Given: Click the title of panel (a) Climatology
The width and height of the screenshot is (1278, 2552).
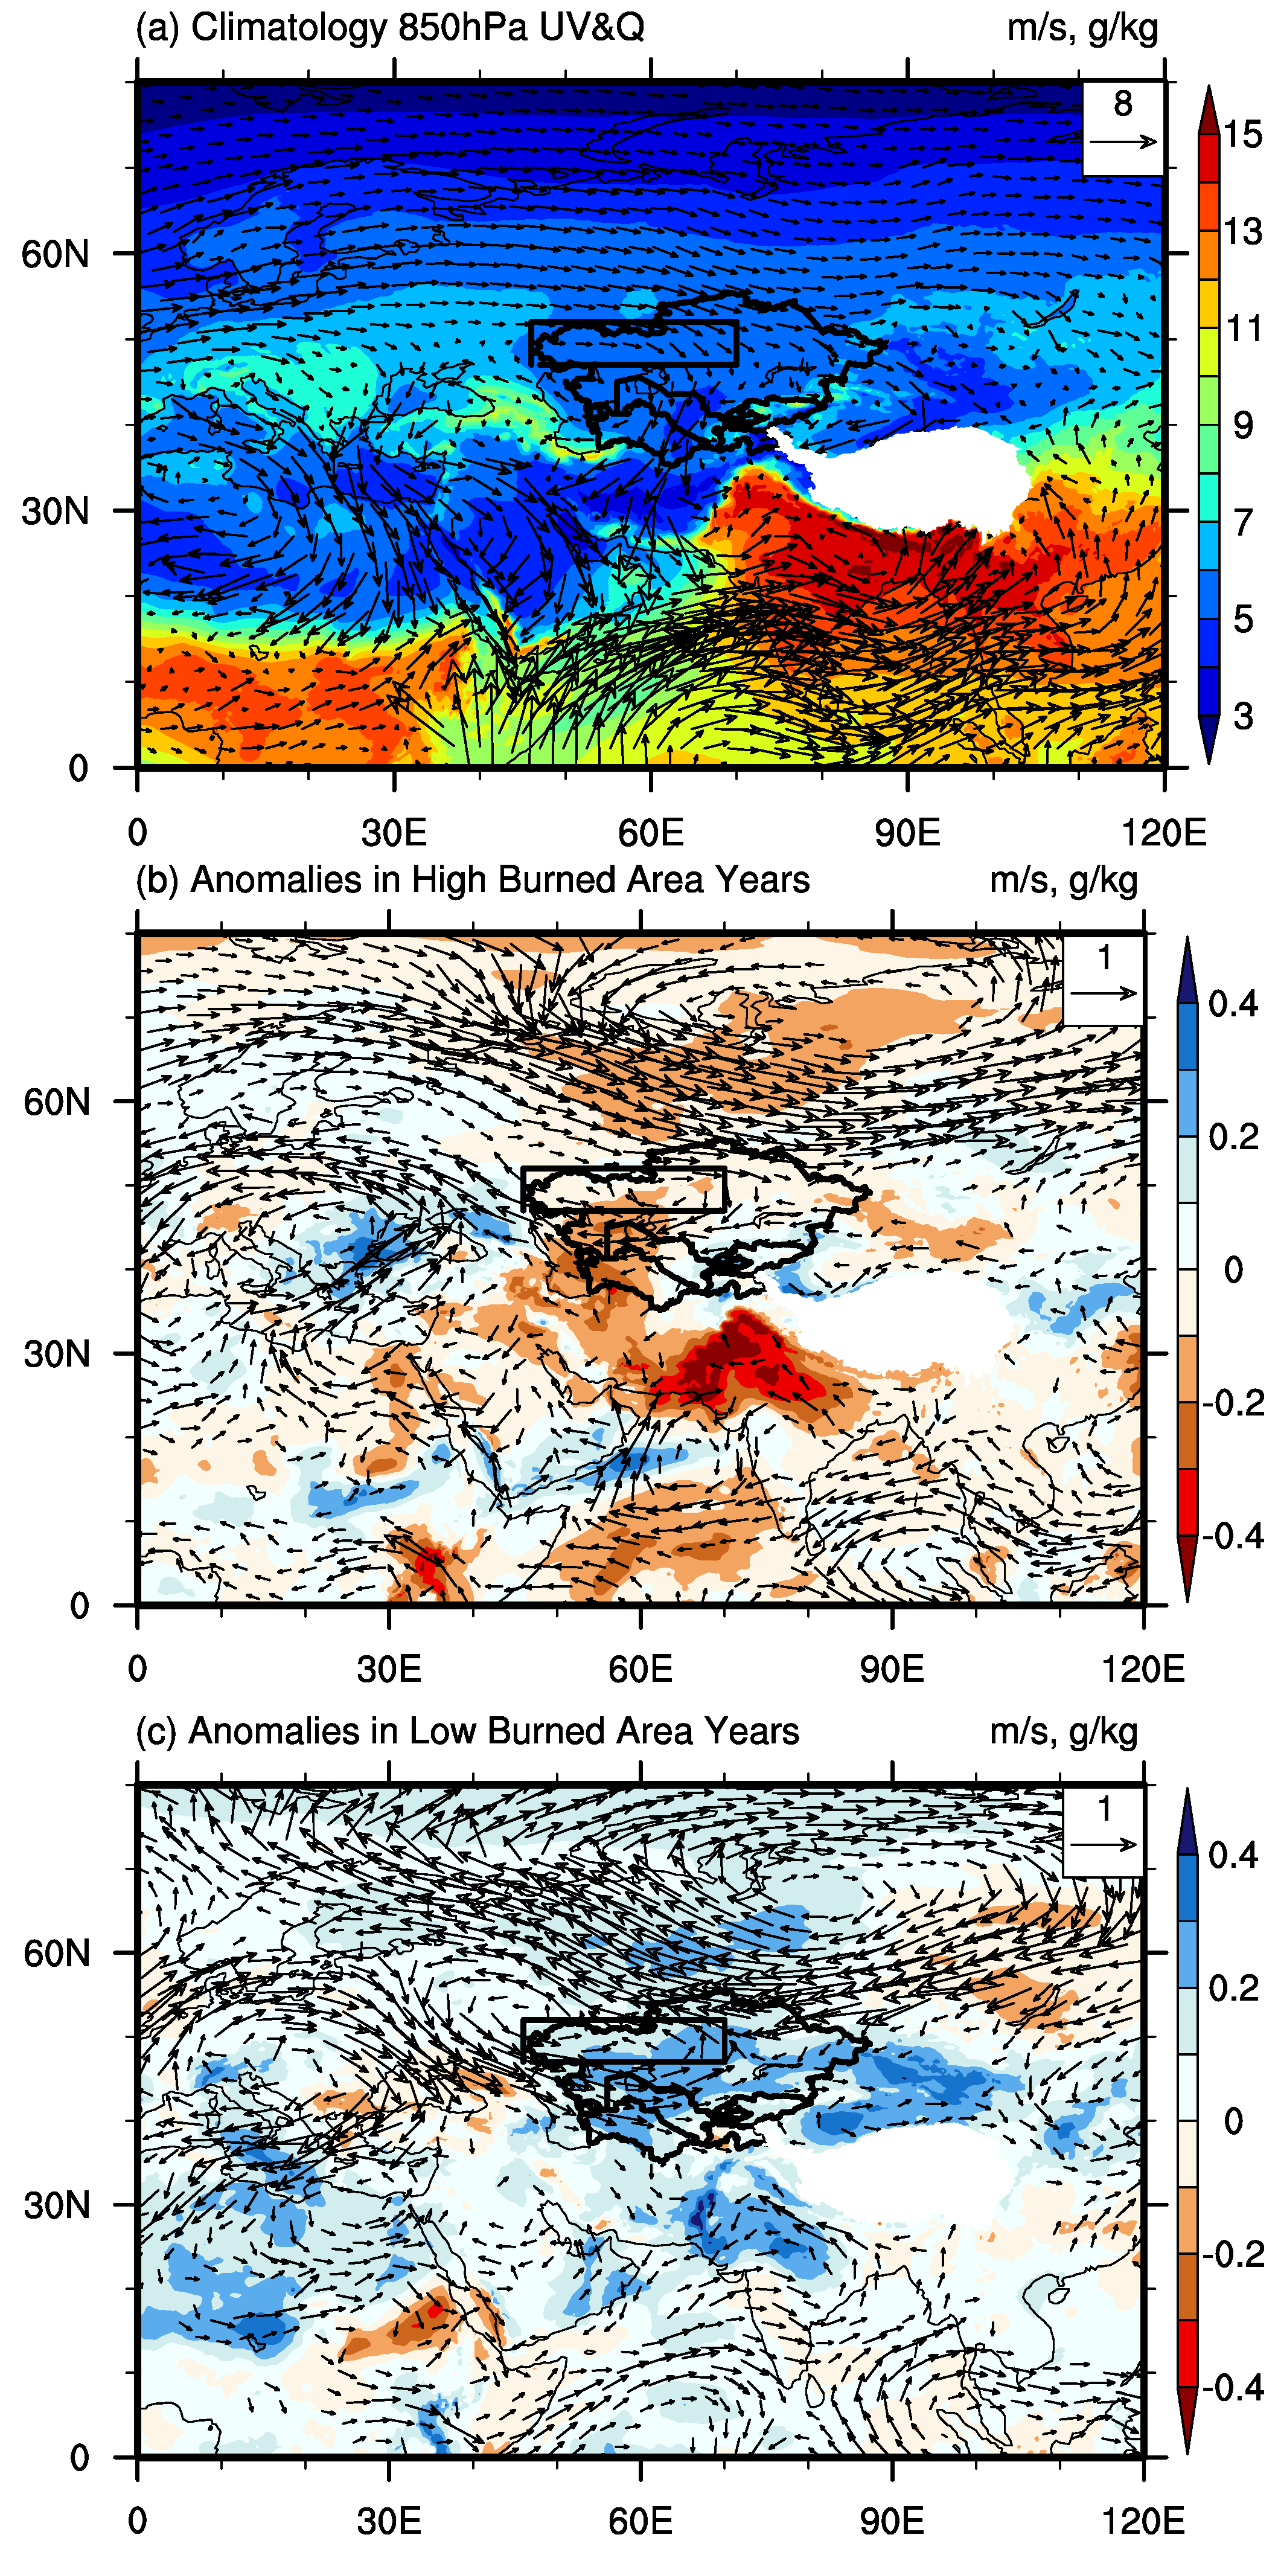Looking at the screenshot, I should click(x=389, y=27).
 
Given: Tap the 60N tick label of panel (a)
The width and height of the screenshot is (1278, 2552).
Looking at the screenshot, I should click(x=54, y=255).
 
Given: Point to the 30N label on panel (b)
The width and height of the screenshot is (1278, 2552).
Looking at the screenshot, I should click(x=57, y=1355).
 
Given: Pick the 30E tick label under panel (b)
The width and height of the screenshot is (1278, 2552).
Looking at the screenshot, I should click(x=388, y=1669).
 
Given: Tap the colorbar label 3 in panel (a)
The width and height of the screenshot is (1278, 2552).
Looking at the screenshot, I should click(x=1242, y=716).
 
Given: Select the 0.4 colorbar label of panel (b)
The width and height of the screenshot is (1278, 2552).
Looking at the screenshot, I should click(x=1233, y=1004).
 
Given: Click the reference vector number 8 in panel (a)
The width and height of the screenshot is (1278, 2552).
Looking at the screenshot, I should click(x=1122, y=103).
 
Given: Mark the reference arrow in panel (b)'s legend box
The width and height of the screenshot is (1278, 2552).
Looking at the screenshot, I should click(x=1104, y=993).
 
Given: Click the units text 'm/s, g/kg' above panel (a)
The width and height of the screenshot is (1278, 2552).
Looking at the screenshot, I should click(x=1082, y=27).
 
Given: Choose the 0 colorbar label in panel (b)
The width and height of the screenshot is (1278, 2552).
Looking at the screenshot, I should click(x=1233, y=1269).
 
